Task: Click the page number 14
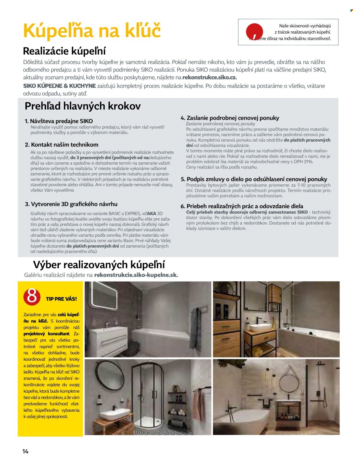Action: click(x=25, y=451)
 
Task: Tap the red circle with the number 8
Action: click(x=32, y=296)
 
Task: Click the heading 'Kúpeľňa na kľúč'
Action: click(x=92, y=30)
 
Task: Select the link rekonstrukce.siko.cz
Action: click(x=209, y=77)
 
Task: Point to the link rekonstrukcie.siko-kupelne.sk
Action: click(x=136, y=275)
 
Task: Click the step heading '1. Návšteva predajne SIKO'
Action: click(x=59, y=121)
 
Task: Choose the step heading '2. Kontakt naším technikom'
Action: click(x=62, y=145)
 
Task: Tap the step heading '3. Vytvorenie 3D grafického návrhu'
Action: click(x=71, y=204)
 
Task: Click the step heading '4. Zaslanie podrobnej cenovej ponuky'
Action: click(x=230, y=118)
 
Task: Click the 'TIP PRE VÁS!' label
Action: click(x=61, y=299)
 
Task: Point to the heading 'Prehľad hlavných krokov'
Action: click(x=83, y=106)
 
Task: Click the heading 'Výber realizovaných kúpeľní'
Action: click(x=99, y=265)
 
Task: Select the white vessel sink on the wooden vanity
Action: click(x=260, y=328)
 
